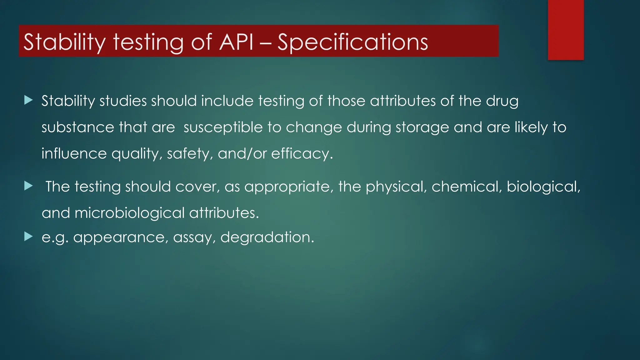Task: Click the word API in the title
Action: click(236, 42)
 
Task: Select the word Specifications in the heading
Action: click(352, 42)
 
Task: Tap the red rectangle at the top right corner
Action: click(566, 30)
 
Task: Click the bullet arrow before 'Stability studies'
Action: click(28, 100)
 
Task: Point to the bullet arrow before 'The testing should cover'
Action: click(28, 186)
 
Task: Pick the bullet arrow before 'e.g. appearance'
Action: click(28, 237)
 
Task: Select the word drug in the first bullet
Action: click(502, 101)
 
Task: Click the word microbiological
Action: click(130, 213)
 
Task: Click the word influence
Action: click(74, 154)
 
